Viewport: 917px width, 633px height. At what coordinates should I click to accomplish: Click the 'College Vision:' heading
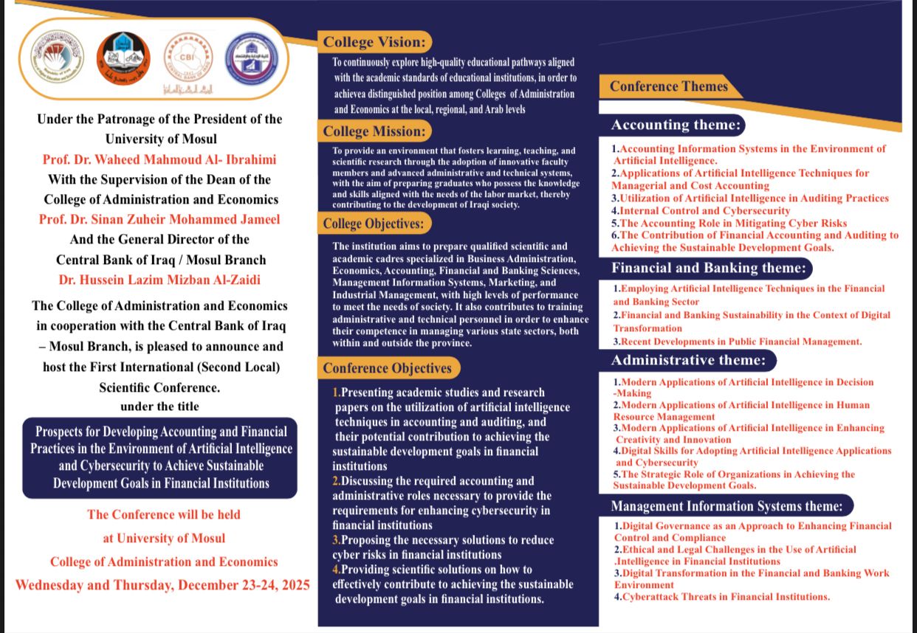tap(374, 42)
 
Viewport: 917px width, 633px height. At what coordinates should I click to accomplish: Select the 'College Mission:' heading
tap(375, 132)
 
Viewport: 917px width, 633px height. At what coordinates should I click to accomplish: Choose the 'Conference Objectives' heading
tap(387, 367)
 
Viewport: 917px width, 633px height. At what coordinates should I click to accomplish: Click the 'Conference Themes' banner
tap(669, 86)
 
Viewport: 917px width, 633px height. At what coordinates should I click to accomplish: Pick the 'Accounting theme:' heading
tap(676, 125)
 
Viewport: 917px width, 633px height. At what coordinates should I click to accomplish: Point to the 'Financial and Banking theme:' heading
tap(709, 267)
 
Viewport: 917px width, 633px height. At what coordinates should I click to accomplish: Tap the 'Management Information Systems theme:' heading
tap(727, 506)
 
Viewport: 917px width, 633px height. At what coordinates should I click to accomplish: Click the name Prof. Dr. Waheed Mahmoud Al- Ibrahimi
tap(160, 159)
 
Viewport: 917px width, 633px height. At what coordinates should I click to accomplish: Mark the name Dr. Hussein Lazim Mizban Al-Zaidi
tap(161, 280)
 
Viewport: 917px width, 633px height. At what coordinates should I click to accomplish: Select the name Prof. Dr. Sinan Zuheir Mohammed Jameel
tap(160, 219)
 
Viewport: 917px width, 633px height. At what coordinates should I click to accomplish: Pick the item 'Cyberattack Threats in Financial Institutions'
tap(724, 597)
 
